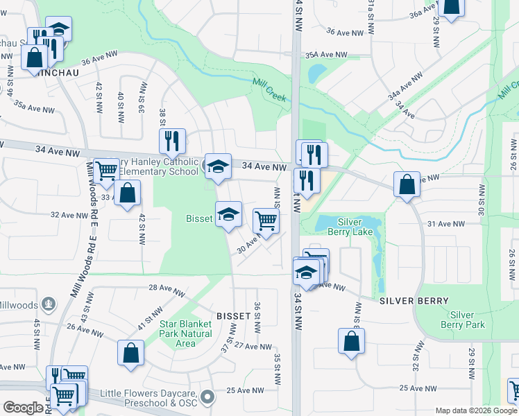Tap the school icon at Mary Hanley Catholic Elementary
tap(218, 166)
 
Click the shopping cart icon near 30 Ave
tap(266, 220)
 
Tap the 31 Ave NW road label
tap(444, 224)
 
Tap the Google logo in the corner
tap(23, 408)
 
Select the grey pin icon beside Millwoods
tap(48, 304)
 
